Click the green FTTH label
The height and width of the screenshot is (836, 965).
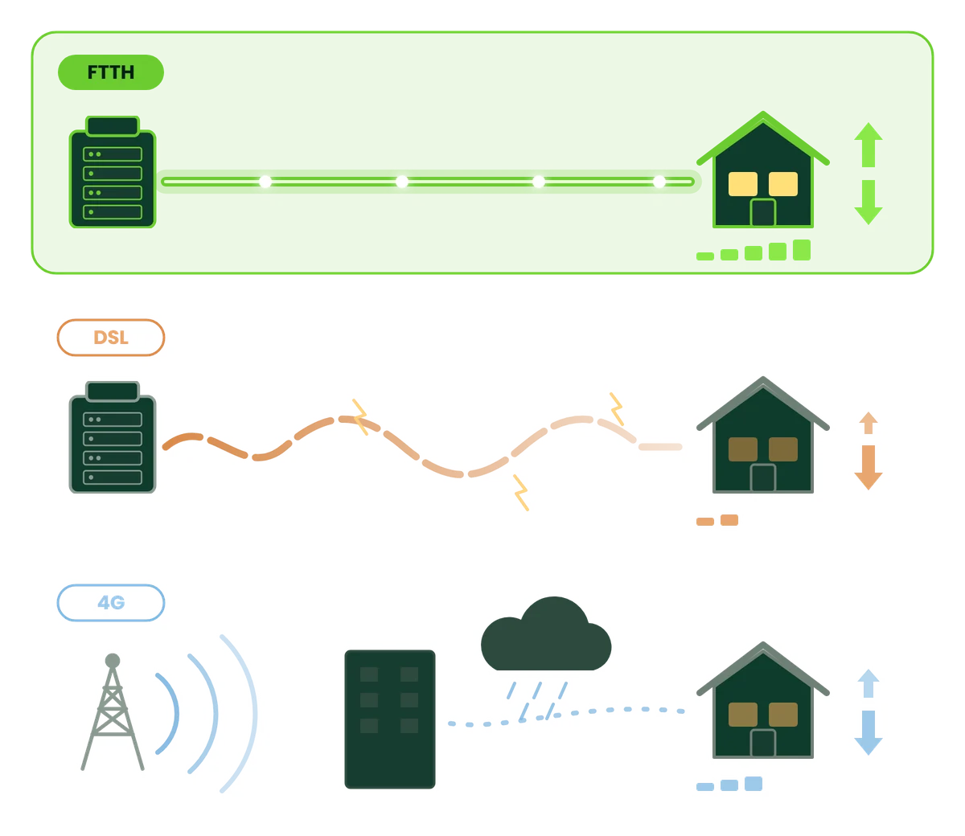111,72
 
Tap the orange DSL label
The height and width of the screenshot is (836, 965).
111,338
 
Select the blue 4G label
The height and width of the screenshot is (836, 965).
111,603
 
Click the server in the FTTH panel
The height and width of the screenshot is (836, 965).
113,172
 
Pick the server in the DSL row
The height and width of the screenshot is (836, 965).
113,437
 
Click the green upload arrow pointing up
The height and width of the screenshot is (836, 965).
868,145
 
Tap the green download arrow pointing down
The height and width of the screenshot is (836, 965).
868,202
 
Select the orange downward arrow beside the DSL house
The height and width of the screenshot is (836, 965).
868,468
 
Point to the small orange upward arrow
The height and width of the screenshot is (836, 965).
868,423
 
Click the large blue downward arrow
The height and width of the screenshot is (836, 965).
868,733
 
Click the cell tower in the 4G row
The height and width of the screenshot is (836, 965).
113,712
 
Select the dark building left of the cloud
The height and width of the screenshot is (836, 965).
390,719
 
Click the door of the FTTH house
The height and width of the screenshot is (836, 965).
763,213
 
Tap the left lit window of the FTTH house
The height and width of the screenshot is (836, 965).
743,184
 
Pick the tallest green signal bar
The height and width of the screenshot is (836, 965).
802,250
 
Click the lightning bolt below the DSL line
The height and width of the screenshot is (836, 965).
521,493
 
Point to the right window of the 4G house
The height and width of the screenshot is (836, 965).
783,715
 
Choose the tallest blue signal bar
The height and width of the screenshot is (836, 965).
753,784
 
